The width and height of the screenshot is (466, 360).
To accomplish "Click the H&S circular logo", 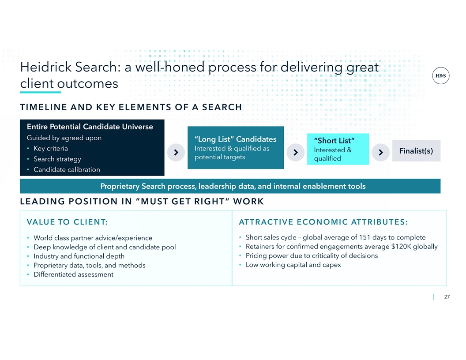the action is coord(440,76).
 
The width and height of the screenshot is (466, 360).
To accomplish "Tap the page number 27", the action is coord(447,297).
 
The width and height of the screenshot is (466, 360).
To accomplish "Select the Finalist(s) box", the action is coord(416,151).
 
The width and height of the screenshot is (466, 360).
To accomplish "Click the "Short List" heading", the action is coord(334,140).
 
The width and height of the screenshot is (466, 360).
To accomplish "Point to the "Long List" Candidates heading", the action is coord(235,139).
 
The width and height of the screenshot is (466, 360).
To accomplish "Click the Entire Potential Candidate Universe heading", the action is coord(90,127).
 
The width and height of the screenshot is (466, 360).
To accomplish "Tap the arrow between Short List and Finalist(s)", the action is coord(381,152).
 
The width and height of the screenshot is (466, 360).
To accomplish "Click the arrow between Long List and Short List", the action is coord(295,152).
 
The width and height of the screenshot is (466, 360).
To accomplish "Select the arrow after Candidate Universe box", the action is coord(176,152).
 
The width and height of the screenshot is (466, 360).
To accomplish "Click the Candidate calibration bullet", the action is coord(67,169).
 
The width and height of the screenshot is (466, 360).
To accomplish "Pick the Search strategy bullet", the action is coord(57,159).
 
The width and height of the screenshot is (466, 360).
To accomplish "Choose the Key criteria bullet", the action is coord(50,149).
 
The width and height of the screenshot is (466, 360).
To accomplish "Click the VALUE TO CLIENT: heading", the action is coord(67,222).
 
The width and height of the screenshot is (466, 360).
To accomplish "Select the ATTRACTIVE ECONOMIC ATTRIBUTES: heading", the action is coord(323,222).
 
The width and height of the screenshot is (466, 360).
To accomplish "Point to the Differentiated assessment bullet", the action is coord(73,274).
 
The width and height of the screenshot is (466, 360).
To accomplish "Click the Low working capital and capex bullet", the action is coord(293,265).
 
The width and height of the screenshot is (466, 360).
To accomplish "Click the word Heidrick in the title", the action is coord(46,67).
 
